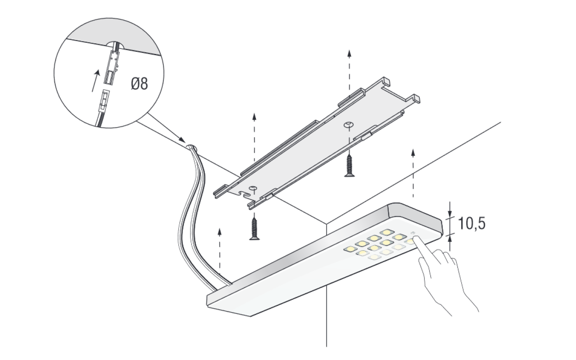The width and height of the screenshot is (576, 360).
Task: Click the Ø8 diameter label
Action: tap(139, 84)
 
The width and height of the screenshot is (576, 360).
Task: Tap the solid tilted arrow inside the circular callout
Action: tap(95, 81)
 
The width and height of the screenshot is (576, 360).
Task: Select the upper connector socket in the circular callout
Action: tap(112, 66)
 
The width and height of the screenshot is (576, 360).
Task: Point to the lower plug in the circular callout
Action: tap(105, 101)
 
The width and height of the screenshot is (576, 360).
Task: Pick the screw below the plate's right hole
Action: tap(349, 165)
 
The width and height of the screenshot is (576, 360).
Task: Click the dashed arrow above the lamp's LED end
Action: tap(412, 173)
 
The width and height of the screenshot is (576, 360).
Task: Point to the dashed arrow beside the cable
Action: tap(220, 251)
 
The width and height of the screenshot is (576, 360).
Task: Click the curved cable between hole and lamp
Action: tap(190, 214)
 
